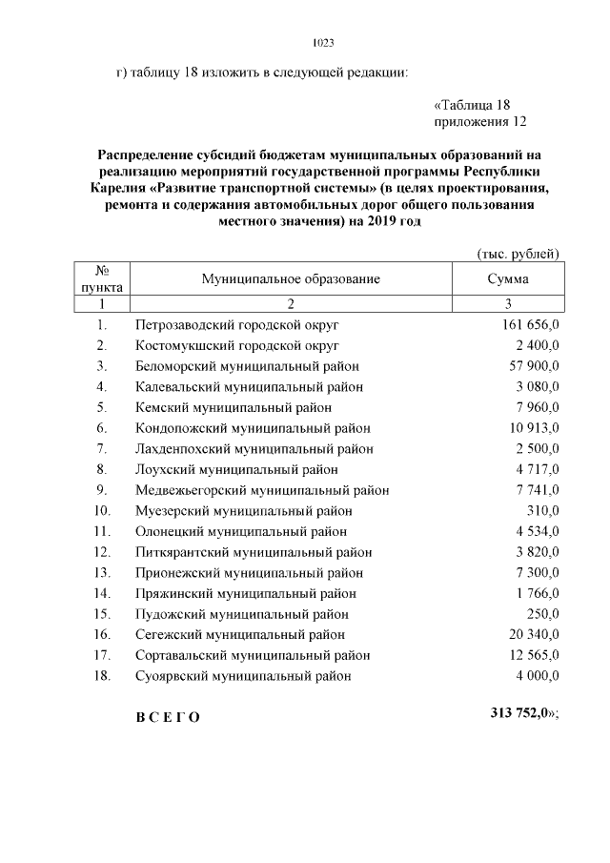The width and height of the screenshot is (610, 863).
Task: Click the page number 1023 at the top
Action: [323, 43]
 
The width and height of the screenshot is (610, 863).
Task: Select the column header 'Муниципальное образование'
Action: [291, 278]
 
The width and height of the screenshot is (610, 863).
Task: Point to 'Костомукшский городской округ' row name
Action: [237, 345]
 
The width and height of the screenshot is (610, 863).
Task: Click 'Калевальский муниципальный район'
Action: [249, 387]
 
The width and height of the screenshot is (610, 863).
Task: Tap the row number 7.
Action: [101, 449]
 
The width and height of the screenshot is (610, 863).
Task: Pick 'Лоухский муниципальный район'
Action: [236, 469]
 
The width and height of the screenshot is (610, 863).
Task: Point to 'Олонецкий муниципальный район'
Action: [241, 531]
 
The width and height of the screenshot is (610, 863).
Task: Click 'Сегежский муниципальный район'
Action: [240, 635]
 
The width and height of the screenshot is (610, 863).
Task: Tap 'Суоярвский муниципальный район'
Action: [243, 676]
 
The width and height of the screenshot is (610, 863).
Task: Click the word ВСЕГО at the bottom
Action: [168, 718]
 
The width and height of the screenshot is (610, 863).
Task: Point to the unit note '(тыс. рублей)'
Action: [517, 253]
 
